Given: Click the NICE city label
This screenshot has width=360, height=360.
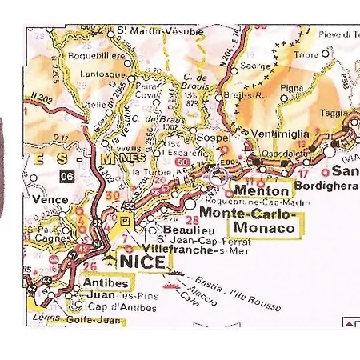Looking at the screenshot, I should (143, 262).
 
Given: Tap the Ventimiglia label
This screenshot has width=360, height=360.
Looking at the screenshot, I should (280, 133).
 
